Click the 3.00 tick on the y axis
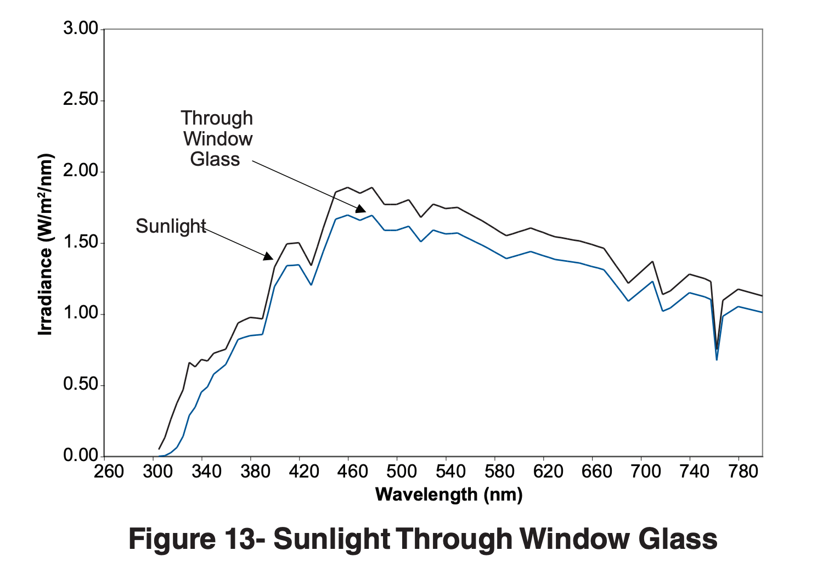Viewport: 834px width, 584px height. tap(81, 29)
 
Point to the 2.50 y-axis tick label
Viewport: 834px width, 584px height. tap(81, 100)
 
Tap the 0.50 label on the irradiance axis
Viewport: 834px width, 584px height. tap(81, 384)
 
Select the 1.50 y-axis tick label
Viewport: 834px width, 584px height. tap(81, 242)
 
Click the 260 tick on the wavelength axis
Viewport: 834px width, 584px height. tap(109, 471)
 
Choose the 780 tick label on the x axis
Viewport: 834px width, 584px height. tap(743, 471)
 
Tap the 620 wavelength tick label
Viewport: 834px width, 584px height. tap(548, 471)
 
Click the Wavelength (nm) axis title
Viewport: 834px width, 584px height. tap(448, 495)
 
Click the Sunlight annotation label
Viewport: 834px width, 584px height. tap(171, 226)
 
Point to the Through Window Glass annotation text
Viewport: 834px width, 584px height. tap(217, 138)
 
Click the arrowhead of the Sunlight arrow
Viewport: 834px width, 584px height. tap(268, 256)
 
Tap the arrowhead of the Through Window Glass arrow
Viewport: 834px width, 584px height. tap(361, 209)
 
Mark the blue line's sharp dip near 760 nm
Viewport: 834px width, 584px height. tap(717, 360)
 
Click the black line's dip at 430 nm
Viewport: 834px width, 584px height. tap(311, 265)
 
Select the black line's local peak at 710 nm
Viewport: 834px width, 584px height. tap(652, 262)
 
